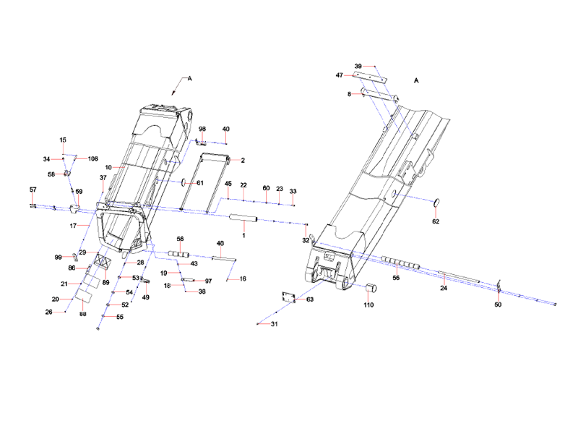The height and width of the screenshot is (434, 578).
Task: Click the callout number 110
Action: coord(369,306)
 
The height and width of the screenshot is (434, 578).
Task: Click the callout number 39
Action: coord(358,67)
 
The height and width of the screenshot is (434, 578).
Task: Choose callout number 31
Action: coord(274,324)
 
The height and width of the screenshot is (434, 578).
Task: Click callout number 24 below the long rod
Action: coord(444,288)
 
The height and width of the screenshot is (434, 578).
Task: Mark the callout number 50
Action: coord(497,305)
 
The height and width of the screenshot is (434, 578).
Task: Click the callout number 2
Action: coord(242,160)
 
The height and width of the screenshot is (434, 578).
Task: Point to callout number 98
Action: coord(203,129)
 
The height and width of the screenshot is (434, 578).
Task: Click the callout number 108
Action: coord(92,158)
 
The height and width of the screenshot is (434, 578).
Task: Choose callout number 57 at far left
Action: coord(33,190)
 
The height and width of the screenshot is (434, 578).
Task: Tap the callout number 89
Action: coord(105,282)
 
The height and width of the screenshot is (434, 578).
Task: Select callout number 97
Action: coord(208,281)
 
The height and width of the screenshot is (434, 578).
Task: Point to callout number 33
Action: coord(293,191)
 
